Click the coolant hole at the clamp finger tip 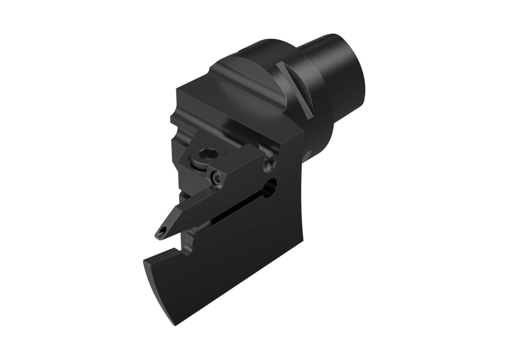pos(162,232)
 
